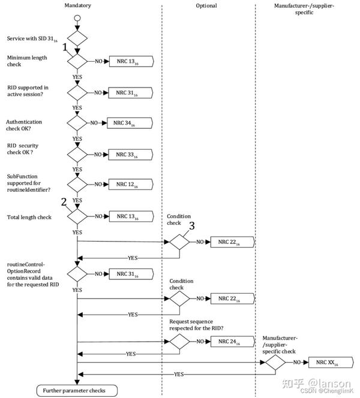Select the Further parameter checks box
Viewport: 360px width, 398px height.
coord(77,390)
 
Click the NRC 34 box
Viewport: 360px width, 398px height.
coord(130,123)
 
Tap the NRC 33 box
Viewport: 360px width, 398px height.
coord(131,155)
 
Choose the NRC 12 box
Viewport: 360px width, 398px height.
coord(131,184)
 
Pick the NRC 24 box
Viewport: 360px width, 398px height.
coord(233,342)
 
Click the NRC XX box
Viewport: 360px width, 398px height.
coord(331,363)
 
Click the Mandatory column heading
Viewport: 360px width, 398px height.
coord(78,5)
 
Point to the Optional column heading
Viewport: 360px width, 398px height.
coord(206,5)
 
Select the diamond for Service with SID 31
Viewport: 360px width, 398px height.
coord(77,38)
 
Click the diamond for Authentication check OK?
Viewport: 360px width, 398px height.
coord(77,123)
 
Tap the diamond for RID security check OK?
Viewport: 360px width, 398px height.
coord(77,154)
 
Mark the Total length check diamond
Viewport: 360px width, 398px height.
coord(77,216)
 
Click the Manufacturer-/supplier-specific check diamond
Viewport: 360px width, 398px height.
coord(275,363)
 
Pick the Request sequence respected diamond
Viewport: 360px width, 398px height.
coord(179,342)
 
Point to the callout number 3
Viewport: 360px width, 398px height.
coord(192,225)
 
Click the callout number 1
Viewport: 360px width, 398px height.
coord(65,47)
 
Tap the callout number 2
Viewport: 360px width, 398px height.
coord(64,202)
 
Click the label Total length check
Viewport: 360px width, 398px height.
coord(29,217)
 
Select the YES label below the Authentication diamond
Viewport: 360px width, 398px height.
coord(77,139)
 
